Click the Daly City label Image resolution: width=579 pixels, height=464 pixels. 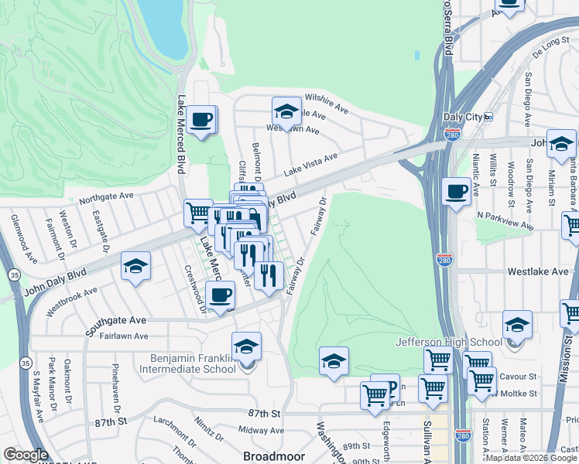click(x=462, y=117)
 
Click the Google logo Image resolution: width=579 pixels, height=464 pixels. click(x=26, y=455)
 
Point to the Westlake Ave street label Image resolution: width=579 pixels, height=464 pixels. click(x=538, y=272)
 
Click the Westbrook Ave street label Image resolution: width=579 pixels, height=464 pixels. click(x=72, y=302)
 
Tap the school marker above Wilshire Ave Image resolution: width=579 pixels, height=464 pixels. click(x=286, y=111)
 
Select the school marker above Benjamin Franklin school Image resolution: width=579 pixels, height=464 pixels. click(x=246, y=346)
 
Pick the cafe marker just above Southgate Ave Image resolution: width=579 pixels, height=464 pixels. click(x=221, y=295)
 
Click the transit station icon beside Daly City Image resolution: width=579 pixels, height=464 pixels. click(x=488, y=117)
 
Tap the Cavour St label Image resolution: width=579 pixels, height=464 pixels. click(x=522, y=377)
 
